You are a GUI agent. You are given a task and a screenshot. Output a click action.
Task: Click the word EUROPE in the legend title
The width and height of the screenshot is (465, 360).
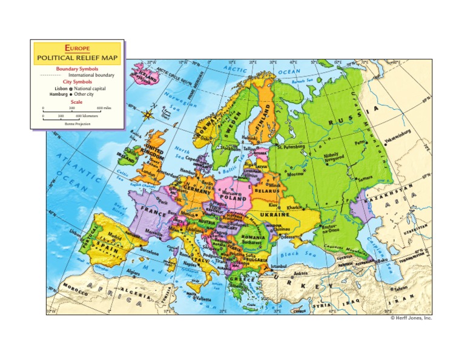pyautogui.click(x=77, y=47)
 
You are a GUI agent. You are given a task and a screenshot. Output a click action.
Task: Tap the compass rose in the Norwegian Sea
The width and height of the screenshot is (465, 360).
pyautogui.click(x=148, y=113)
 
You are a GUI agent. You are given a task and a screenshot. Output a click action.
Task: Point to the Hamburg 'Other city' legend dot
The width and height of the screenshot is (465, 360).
pyautogui.click(x=71, y=95)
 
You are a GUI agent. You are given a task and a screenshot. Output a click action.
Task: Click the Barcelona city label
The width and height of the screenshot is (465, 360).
pyautogui.click(x=149, y=248)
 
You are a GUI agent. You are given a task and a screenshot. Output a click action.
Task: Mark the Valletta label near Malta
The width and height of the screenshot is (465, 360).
pyautogui.click(x=203, y=299)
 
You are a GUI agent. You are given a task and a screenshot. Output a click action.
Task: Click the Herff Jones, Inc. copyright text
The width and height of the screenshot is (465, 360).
pyautogui.click(x=411, y=318)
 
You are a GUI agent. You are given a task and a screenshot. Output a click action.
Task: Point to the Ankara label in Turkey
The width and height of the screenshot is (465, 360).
pyautogui.click(x=300, y=273)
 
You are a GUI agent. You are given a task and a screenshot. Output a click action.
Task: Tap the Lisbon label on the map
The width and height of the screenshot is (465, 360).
pyautogui.click(x=75, y=232)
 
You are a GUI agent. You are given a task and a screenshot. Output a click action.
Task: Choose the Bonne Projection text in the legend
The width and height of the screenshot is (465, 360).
pyautogui.click(x=77, y=123)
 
